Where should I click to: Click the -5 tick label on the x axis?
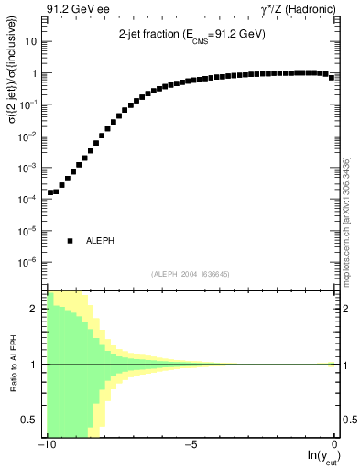pos(191,445)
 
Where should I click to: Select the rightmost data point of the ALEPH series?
pos(332,77)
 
